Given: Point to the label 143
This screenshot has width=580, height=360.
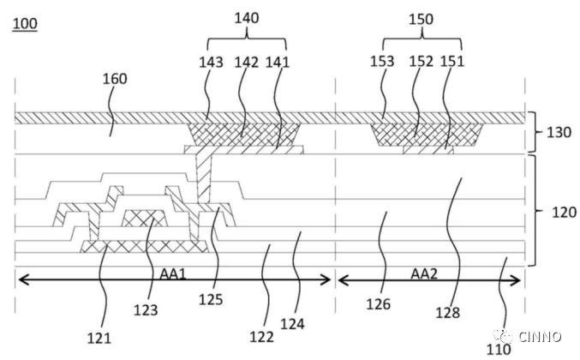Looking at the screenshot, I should click(x=211, y=62).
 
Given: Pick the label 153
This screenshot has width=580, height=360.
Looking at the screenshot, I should click(x=383, y=62).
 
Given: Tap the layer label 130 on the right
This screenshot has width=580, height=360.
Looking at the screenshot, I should click(x=559, y=133).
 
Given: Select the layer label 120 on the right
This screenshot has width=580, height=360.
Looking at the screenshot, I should click(x=559, y=210).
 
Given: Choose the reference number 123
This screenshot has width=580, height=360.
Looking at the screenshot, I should click(x=148, y=304).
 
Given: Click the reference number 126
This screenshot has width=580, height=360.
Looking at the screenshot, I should click(x=378, y=303).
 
